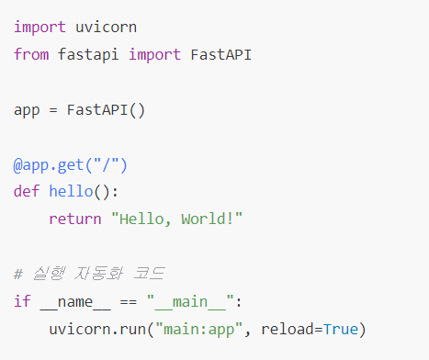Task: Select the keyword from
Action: tap(31, 55)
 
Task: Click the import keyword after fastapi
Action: tap(155, 55)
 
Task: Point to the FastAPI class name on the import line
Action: tap(220, 55)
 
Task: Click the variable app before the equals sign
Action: tap(27, 110)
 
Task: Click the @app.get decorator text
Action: tap(50, 165)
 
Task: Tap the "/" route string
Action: tap(107, 165)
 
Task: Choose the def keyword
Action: tap(27, 192)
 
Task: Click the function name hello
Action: tap(72, 192)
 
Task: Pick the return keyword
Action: tap(75, 219)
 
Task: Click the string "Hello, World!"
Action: tap(177, 219)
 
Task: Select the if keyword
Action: tap(22, 301)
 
